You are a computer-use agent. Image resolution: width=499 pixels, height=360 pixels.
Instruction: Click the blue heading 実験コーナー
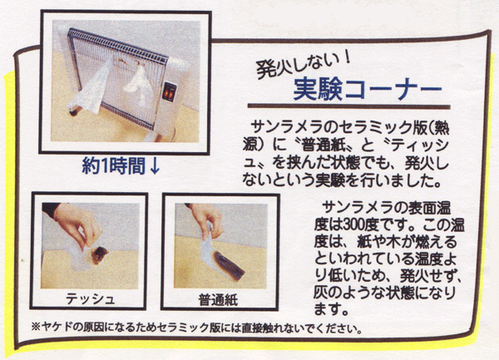[368, 89]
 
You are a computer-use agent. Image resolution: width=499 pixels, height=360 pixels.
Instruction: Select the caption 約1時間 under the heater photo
[114, 165]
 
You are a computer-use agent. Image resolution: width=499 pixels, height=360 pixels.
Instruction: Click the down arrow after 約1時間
[155, 166]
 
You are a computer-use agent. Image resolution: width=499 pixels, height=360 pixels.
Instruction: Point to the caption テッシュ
[90, 299]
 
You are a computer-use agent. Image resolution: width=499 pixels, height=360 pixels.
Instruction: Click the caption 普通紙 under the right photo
[218, 299]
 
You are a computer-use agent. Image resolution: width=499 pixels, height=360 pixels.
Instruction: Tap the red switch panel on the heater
[170, 92]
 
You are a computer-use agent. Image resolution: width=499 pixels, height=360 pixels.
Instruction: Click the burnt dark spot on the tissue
[99, 254]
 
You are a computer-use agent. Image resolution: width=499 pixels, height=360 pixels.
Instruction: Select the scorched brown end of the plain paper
[229, 265]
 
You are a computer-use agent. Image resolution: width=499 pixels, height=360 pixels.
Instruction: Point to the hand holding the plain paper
[207, 219]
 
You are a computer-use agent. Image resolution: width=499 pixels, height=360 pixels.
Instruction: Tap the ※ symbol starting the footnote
[36, 328]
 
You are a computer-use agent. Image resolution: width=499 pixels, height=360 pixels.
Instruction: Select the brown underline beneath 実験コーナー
[348, 106]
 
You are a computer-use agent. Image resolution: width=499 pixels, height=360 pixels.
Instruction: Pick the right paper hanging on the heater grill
[138, 82]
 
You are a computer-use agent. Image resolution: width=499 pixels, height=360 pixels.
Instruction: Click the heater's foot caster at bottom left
[75, 111]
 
